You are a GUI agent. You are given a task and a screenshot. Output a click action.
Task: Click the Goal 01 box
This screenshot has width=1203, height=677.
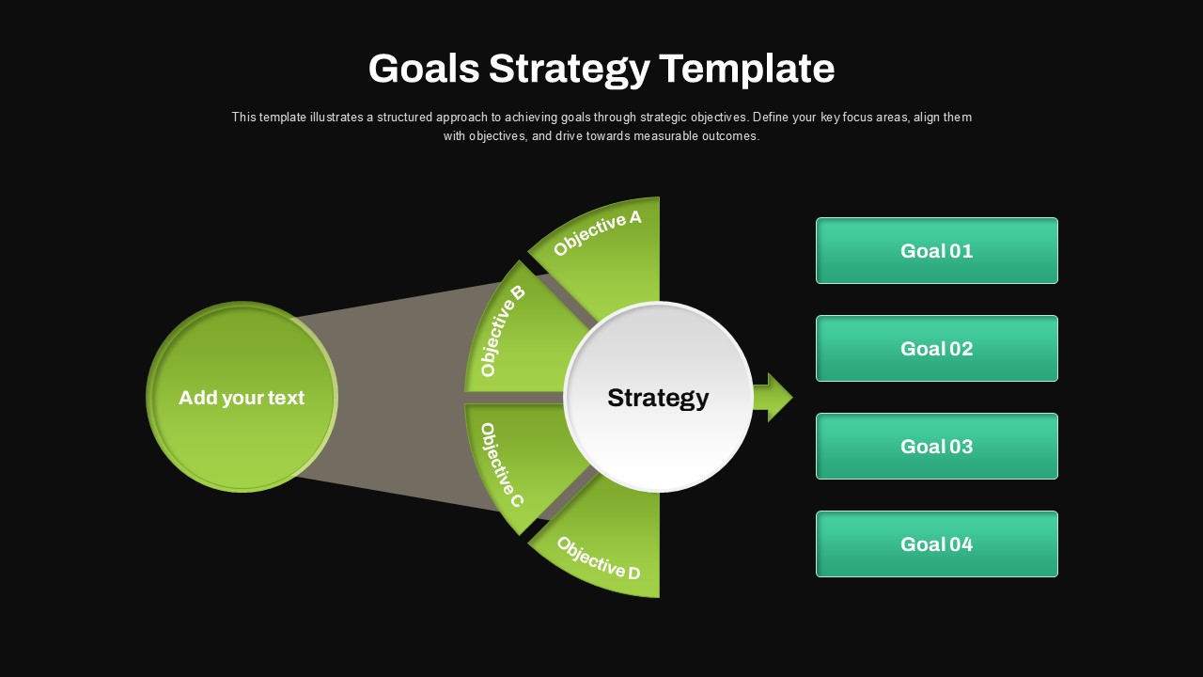point(937,250)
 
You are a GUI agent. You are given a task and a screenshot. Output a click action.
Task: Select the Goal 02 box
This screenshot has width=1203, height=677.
point(937,348)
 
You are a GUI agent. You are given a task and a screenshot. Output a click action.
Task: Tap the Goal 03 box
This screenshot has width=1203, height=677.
point(937,446)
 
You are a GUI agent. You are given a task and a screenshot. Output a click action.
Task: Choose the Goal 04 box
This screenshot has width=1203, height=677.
point(937,543)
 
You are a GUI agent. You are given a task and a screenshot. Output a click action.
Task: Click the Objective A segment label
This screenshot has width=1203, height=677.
point(597,233)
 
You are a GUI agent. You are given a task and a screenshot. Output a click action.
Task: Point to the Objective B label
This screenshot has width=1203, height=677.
point(503,331)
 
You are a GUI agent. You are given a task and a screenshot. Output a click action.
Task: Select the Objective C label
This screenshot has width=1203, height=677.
point(502,464)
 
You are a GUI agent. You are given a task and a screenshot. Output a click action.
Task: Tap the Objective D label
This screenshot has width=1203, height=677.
point(599,559)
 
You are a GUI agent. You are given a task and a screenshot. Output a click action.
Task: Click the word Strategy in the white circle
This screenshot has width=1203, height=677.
point(658,398)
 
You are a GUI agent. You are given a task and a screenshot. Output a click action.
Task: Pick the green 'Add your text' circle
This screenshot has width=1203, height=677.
point(242,397)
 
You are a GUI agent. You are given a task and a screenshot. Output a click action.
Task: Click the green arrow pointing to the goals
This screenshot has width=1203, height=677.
point(773,397)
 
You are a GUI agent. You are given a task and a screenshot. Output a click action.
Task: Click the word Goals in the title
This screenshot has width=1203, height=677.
point(424,69)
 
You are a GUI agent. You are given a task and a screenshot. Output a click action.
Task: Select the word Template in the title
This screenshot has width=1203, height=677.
point(747,70)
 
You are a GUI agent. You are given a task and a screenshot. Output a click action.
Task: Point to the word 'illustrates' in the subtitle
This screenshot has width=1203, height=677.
point(336,118)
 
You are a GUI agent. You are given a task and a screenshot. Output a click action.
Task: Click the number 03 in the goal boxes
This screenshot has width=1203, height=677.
point(961,447)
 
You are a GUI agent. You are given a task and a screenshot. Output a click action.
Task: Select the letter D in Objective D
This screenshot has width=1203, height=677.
point(633,573)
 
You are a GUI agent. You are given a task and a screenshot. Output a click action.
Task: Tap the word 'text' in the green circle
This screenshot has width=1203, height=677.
point(287,398)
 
